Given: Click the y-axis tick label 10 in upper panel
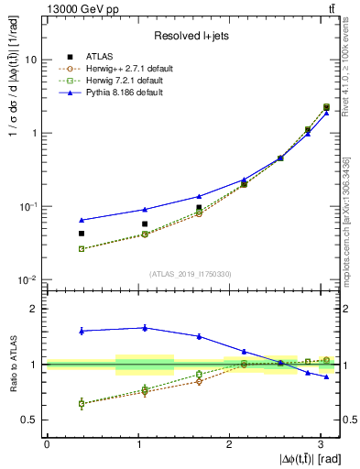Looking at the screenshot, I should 28,60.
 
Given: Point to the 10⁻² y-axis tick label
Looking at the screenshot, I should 27,279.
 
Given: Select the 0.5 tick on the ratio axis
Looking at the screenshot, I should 29,420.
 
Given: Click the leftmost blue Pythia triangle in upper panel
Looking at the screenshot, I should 82,220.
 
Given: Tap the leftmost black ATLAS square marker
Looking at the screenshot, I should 82,234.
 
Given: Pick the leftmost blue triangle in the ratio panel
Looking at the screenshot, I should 82,330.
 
